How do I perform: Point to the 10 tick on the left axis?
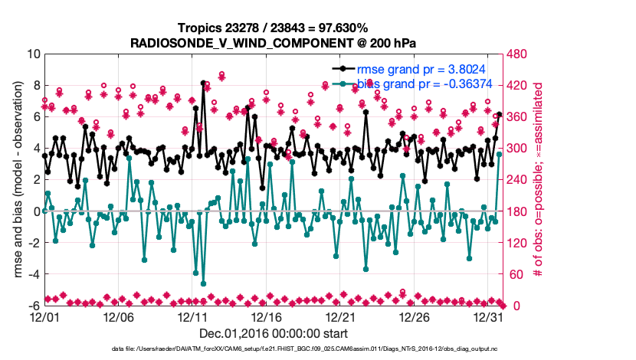pos(33,54)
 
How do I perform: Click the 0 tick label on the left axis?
pos(37,211)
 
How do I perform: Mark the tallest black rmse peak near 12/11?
pos(203,83)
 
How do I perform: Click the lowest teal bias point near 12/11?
pos(203,283)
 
